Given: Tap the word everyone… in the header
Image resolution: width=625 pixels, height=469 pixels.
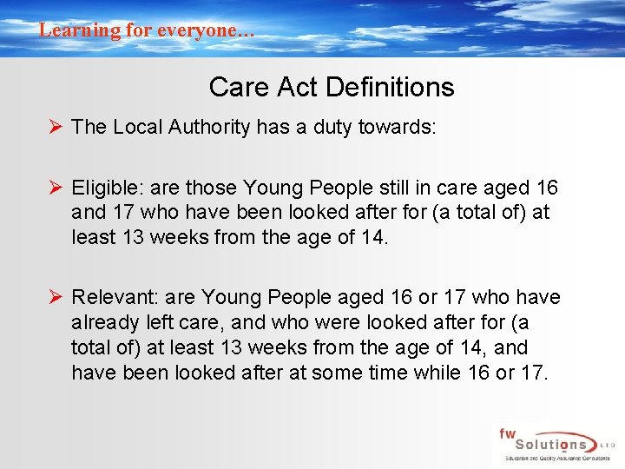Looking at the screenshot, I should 209,30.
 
